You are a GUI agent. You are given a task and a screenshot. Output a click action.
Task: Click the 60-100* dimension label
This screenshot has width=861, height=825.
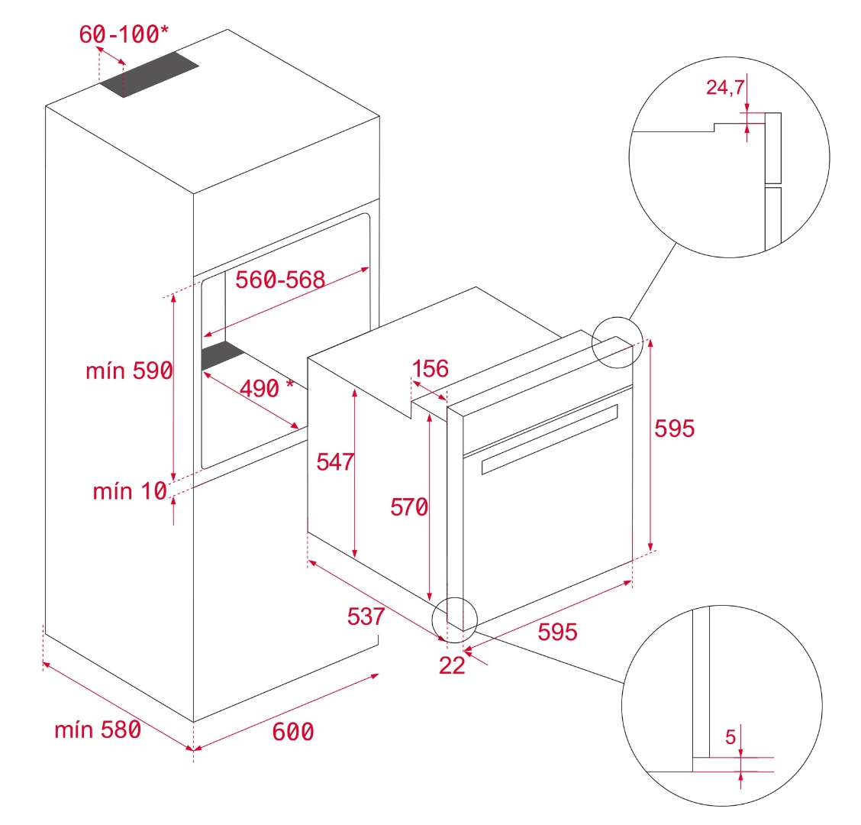tap(124, 34)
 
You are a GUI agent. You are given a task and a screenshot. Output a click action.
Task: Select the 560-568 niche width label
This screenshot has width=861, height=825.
tap(280, 280)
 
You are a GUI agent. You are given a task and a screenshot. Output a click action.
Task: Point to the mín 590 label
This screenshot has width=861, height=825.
tap(129, 371)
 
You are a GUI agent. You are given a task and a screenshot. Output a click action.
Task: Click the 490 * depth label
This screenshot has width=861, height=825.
tap(266, 388)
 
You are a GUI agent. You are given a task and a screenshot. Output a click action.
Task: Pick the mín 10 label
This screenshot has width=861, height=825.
tap(130, 491)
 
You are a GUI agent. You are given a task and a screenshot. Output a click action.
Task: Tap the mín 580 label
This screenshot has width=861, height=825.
tap(98, 730)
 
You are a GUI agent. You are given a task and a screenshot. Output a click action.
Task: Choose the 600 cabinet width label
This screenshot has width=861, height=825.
tap(293, 732)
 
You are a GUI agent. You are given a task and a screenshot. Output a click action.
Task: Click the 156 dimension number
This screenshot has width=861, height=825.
tap(430, 369)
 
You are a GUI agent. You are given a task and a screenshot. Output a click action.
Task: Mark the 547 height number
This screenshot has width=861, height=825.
tap(335, 461)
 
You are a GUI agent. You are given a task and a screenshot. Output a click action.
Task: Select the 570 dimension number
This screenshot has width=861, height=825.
tap(409, 506)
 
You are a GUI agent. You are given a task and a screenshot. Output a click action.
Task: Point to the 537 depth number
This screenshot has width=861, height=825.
tap(366, 616)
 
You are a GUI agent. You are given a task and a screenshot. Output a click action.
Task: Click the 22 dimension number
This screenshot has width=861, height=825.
tap(452, 665)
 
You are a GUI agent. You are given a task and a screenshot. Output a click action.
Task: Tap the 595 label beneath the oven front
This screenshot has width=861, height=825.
tap(557, 632)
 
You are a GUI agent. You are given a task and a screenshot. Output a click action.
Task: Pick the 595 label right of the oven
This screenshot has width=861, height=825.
tap(675, 429)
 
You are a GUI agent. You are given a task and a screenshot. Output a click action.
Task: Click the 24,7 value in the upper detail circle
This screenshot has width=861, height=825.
tap(724, 88)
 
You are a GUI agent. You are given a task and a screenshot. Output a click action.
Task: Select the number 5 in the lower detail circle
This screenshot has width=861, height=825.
tap(730, 737)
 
